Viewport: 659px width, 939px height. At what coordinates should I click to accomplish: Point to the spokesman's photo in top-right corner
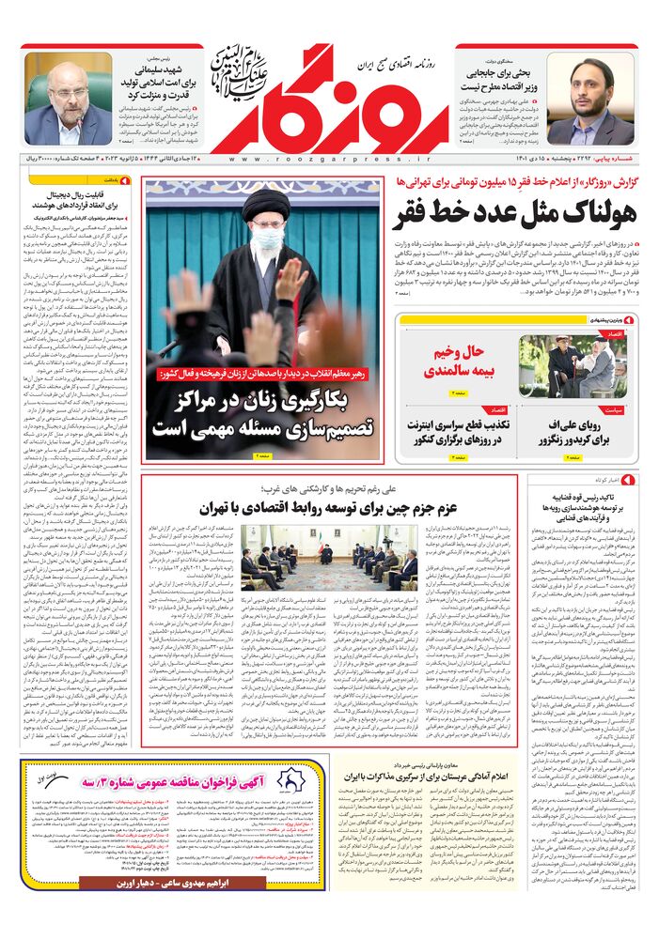592,103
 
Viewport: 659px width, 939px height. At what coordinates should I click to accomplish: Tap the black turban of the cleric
265,205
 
